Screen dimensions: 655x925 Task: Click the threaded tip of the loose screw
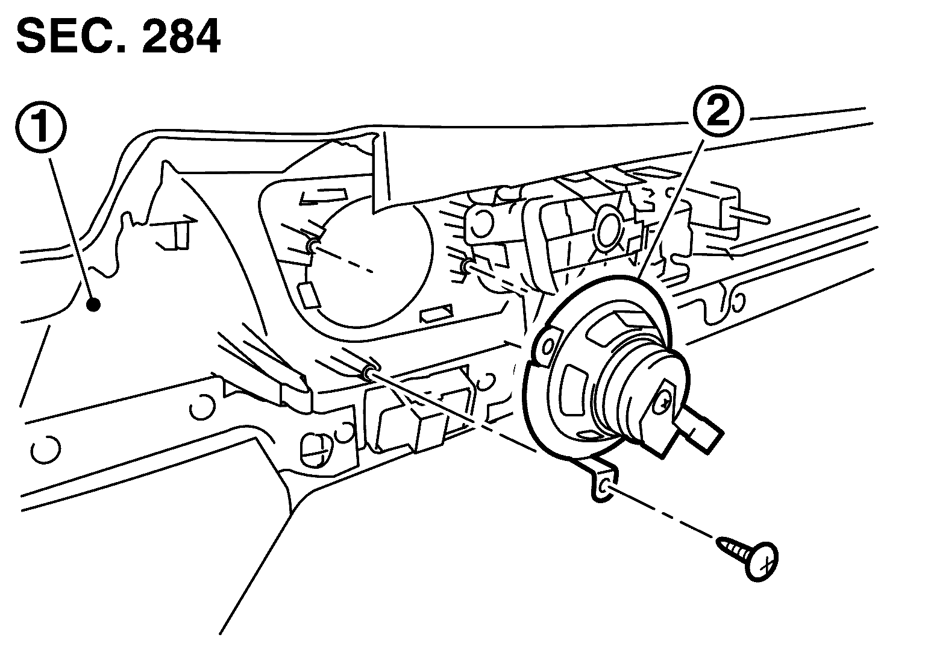point(723,546)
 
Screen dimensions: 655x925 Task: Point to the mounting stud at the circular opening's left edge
point(312,245)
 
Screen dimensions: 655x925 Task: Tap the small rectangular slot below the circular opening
point(436,313)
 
